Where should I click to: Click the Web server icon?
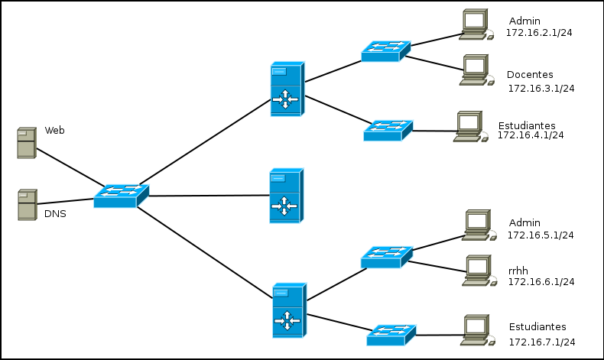[x=26, y=143]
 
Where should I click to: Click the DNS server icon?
[x=27, y=205]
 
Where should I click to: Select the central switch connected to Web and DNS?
[x=120, y=196]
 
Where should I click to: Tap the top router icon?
[x=286, y=89]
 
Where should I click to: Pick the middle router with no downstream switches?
[x=285, y=196]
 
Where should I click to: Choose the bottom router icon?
[x=289, y=310]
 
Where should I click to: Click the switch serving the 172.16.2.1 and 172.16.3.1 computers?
[x=385, y=51]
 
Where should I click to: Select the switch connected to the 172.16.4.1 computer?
[x=388, y=131]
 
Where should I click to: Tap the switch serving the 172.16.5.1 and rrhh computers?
[x=386, y=257]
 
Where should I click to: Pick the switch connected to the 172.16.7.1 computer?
[x=391, y=335]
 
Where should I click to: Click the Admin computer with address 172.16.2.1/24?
[x=475, y=24]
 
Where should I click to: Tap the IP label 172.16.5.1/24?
[x=541, y=235]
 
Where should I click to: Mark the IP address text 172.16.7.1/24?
[x=541, y=342]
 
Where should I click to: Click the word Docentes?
[x=530, y=75]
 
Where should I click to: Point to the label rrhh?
[x=518, y=268]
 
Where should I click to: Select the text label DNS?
[x=54, y=214]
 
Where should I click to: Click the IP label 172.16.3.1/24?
[x=541, y=89]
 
